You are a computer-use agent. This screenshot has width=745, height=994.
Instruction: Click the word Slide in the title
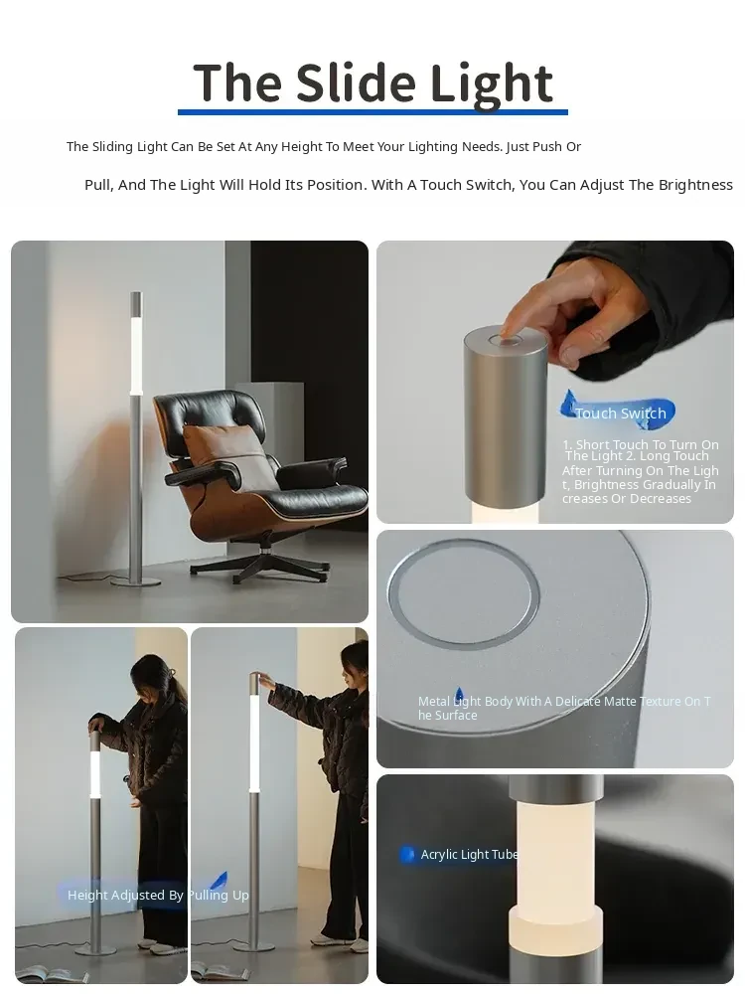tap(357, 83)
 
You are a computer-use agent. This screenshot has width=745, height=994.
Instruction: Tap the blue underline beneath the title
tap(372, 112)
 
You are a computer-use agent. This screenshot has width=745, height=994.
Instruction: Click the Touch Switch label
tap(621, 414)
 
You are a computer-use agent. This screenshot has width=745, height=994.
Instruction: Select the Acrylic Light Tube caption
tap(470, 855)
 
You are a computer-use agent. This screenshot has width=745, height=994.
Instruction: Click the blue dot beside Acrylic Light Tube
tap(407, 855)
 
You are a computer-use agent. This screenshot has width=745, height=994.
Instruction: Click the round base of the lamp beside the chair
tap(135, 581)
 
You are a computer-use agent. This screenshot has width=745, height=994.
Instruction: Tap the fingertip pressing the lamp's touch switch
tap(508, 331)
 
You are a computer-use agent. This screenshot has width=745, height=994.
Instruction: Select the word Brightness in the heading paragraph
tap(695, 185)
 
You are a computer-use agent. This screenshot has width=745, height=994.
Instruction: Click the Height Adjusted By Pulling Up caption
tap(158, 896)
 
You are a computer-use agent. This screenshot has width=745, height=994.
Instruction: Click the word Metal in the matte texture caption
tap(434, 702)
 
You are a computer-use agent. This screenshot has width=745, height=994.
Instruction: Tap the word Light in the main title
tap(491, 84)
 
